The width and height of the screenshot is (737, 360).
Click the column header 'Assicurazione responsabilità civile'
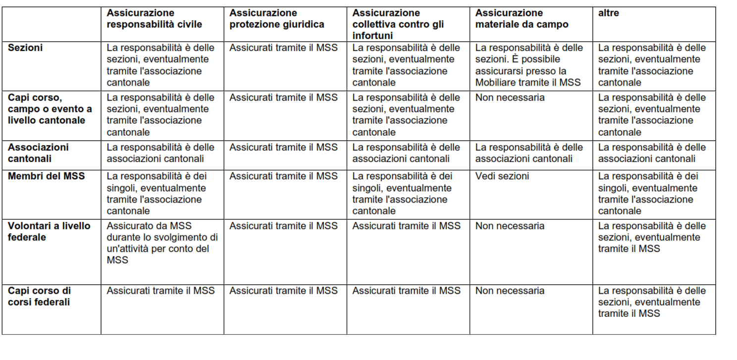pos(154,19)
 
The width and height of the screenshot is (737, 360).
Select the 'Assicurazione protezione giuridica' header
pos(276,19)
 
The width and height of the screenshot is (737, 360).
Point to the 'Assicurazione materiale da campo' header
pos(522,19)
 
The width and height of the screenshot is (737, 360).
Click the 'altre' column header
pos(608,13)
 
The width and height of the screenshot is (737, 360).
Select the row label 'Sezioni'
pos(25,48)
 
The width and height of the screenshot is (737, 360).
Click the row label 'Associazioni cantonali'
pos(38,153)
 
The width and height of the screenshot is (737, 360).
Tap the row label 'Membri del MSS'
pos(46,176)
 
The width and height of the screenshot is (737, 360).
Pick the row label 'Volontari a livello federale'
pos(49,231)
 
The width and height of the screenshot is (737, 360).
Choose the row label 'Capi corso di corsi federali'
pos(40,296)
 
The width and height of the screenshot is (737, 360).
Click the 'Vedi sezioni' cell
pos(502,176)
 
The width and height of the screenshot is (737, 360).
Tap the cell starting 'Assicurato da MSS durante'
pos(162,243)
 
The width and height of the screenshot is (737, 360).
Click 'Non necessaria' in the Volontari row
pos(510,226)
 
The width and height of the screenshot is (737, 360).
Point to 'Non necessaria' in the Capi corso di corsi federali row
pos(510,291)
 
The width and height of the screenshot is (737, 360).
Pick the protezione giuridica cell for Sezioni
pos(283,48)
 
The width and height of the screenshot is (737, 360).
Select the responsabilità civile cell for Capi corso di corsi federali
pos(160,291)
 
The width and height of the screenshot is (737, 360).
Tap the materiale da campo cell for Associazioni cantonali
pos(529,153)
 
